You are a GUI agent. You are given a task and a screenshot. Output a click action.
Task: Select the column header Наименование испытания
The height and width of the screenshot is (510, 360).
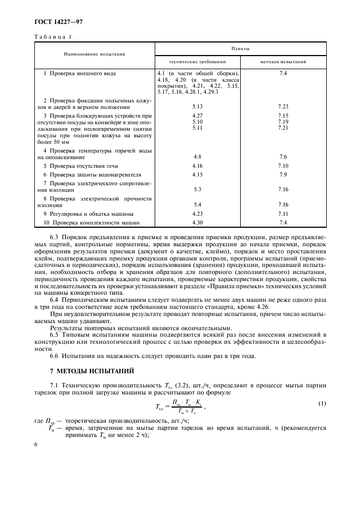[94, 54]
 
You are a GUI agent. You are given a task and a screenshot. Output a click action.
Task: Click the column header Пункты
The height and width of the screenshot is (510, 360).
[240, 48]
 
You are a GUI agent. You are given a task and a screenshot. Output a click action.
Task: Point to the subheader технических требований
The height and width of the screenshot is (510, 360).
[197, 62]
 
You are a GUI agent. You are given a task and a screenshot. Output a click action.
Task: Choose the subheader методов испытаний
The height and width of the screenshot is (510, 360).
[283, 62]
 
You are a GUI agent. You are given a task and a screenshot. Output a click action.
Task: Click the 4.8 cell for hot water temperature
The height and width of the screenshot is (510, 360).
[197, 156]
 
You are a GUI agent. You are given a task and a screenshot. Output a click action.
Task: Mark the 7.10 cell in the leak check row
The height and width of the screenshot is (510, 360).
[283, 165]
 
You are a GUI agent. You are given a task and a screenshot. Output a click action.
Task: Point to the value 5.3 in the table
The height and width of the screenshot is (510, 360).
[197, 189]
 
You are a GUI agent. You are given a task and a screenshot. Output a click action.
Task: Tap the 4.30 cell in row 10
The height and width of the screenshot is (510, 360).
[197, 222]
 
